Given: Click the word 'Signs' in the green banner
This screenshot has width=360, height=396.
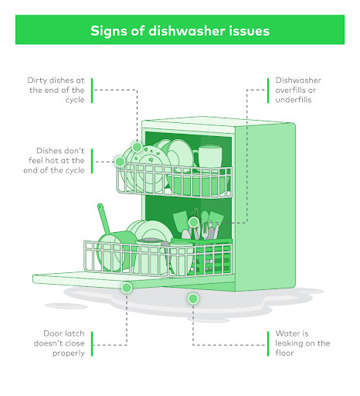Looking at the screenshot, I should pyautogui.click(x=109, y=31).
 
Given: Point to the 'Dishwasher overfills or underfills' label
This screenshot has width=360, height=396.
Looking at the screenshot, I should pyautogui.click(x=299, y=90).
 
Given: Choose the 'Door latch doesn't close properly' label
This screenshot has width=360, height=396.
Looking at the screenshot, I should pyautogui.click(x=59, y=343).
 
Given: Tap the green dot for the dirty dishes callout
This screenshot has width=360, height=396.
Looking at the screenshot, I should pyautogui.click(x=137, y=147).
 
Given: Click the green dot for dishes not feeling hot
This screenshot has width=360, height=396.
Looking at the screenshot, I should pyautogui.click(x=120, y=162).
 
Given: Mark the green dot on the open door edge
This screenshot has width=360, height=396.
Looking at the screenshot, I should pyautogui.click(x=127, y=286).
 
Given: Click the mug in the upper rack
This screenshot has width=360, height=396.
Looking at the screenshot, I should pyautogui.click(x=209, y=158).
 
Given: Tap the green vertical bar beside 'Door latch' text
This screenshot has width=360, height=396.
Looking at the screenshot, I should pyautogui.click(x=92, y=343).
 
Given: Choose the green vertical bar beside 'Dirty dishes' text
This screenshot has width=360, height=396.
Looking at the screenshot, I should pyautogui.click(x=92, y=90).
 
